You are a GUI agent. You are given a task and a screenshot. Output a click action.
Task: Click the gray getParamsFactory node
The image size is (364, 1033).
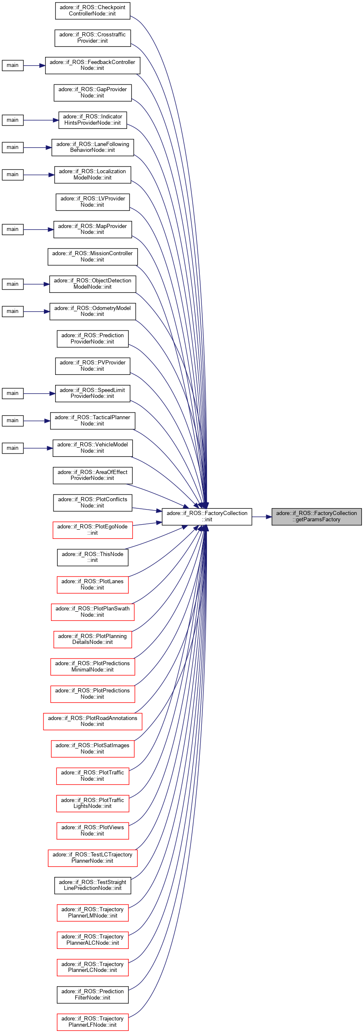click(x=316, y=517)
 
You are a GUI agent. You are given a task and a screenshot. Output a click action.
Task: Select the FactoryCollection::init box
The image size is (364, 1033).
click(x=207, y=517)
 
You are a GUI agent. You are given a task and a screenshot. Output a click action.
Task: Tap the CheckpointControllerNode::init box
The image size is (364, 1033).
click(x=92, y=11)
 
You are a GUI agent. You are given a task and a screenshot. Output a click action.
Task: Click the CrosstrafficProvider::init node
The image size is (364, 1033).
click(x=92, y=38)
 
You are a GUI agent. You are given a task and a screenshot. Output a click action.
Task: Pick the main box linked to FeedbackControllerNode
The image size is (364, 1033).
click(x=13, y=65)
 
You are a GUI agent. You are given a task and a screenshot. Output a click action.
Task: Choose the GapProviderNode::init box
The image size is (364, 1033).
click(x=92, y=93)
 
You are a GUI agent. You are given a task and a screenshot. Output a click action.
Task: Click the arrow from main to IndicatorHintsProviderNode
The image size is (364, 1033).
click(x=41, y=120)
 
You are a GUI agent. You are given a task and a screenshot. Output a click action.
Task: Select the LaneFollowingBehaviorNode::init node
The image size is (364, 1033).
click(x=92, y=147)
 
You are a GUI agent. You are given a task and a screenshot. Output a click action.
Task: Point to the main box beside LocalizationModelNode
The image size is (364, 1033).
click(x=13, y=174)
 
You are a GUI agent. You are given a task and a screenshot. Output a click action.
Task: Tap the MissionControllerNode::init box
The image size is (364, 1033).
click(x=92, y=256)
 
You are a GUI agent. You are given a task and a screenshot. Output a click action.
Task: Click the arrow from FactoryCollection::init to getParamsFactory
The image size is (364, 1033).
click(x=262, y=517)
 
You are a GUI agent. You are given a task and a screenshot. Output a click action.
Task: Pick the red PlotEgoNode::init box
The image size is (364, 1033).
click(x=92, y=530)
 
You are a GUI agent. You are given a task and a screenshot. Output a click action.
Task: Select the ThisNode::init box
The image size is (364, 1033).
click(x=92, y=557)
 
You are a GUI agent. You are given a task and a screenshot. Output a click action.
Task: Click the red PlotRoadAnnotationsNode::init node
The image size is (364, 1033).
click(x=92, y=721)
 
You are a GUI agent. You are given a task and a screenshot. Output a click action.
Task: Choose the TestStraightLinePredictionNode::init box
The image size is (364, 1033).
click(x=92, y=885)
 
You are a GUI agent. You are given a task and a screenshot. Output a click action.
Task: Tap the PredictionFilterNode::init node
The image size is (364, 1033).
click(x=92, y=995)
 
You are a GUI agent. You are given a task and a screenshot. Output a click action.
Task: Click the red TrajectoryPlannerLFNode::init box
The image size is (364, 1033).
click(x=92, y=1022)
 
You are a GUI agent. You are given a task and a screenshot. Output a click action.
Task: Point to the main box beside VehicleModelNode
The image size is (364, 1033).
click(x=13, y=448)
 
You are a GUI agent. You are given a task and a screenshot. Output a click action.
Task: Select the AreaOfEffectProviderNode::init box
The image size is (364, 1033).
click(x=92, y=475)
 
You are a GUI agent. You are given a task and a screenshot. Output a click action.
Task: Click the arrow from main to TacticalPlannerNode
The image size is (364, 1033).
click(x=37, y=421)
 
